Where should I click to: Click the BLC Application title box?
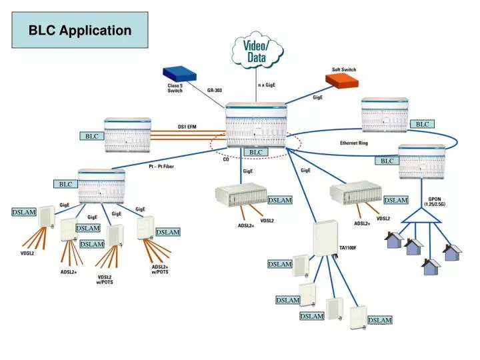(80, 31)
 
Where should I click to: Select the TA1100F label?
(348, 247)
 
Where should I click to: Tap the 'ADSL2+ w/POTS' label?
(160, 269)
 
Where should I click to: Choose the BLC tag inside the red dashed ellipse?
(256, 152)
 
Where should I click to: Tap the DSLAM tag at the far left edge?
(23, 212)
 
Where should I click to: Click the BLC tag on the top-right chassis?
(422, 124)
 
